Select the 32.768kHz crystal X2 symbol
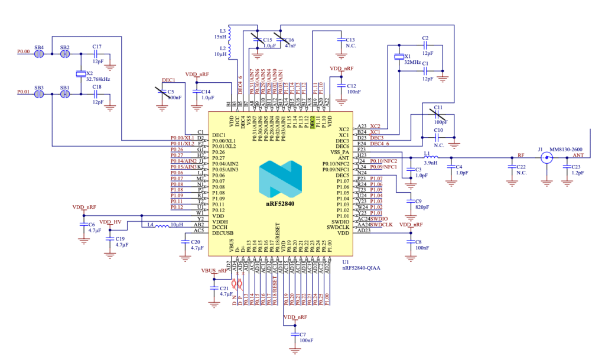pos(81,74)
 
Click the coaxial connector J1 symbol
pos(547,158)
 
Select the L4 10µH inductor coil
pos(161,225)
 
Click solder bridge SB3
pos(39,93)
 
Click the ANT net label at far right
pos(578,155)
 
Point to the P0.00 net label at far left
pos(23,52)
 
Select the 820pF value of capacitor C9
pos(422,208)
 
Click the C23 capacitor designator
pos(577,167)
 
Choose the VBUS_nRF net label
pos(214,271)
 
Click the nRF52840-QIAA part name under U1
pos(361,267)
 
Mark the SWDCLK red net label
pos(383,225)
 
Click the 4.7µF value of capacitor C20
pos(197,248)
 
